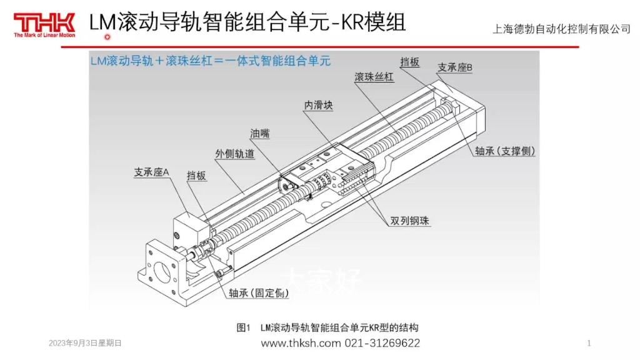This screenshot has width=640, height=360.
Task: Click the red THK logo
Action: tap(44, 24)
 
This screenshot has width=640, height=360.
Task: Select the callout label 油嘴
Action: tap(260, 134)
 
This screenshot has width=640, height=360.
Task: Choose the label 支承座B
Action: tap(455, 67)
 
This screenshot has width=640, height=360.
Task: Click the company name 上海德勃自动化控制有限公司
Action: tap(562, 29)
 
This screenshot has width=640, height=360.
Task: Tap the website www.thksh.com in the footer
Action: tap(301, 343)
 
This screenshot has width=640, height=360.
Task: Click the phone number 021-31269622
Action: tap(382, 343)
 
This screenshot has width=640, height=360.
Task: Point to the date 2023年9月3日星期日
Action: tap(85, 343)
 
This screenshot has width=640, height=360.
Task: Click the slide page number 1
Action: tap(589, 343)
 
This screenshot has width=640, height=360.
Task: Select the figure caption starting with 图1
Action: tap(327, 327)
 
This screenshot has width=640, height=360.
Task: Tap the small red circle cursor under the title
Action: tap(107, 37)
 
